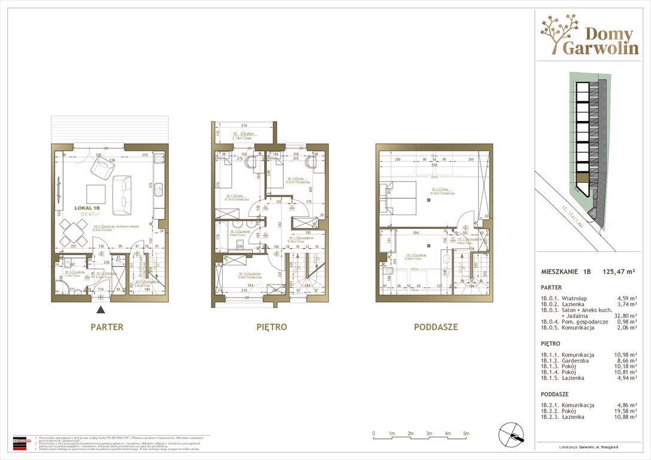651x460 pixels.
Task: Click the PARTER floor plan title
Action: pyautogui.click(x=107, y=327)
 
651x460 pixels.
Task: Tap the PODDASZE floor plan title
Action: pyautogui.click(x=435, y=327)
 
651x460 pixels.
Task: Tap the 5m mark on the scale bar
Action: pyautogui.click(x=466, y=433)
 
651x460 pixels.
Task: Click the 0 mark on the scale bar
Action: pyautogui.click(x=373, y=433)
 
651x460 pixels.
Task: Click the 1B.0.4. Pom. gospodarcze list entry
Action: pyautogui.click(x=574, y=322)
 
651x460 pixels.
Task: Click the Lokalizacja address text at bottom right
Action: pyautogui.click(x=594, y=446)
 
